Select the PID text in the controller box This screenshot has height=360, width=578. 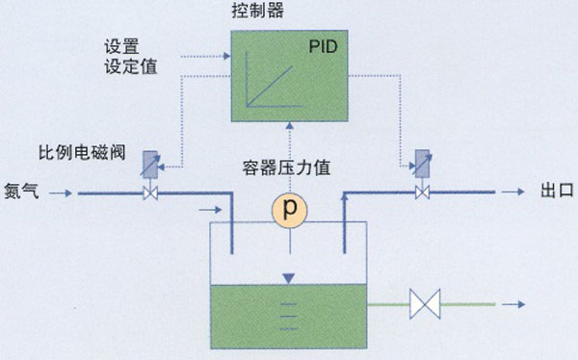(322, 46)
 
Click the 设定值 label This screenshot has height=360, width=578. (129, 66)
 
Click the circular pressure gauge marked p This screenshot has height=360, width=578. (287, 209)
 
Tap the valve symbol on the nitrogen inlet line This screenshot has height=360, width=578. (150, 193)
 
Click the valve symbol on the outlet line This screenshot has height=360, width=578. (421, 193)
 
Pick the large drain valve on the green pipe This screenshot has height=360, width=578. (424, 305)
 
